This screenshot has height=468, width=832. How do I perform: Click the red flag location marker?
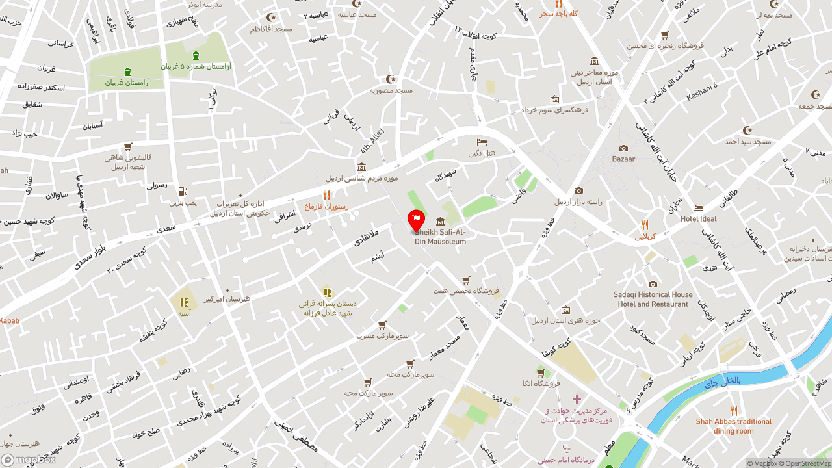(x=416, y=220)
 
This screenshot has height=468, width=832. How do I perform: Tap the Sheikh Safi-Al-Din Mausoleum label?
(x=441, y=237)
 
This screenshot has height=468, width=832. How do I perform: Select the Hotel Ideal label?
(x=699, y=219)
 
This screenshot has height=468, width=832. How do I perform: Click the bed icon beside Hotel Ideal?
(x=698, y=208)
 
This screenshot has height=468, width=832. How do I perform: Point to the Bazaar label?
(x=623, y=159)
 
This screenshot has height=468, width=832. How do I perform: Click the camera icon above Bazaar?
(x=624, y=148)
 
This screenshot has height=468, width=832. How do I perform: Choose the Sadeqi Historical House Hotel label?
(x=653, y=299)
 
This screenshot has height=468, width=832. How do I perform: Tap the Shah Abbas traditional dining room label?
(x=734, y=426)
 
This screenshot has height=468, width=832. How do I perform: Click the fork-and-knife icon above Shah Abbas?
(x=734, y=411)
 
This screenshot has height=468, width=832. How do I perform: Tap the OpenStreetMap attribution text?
(x=806, y=463)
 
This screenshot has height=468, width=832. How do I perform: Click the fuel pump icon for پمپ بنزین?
(x=183, y=192)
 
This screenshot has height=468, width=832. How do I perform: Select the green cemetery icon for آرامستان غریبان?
(x=127, y=71)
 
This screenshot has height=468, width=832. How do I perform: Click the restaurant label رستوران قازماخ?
(x=327, y=207)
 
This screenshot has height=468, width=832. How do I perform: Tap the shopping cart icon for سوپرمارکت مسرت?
(x=382, y=325)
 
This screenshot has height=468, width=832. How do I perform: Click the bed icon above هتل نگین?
(x=482, y=142)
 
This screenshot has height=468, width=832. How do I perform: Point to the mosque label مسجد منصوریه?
(x=391, y=90)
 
